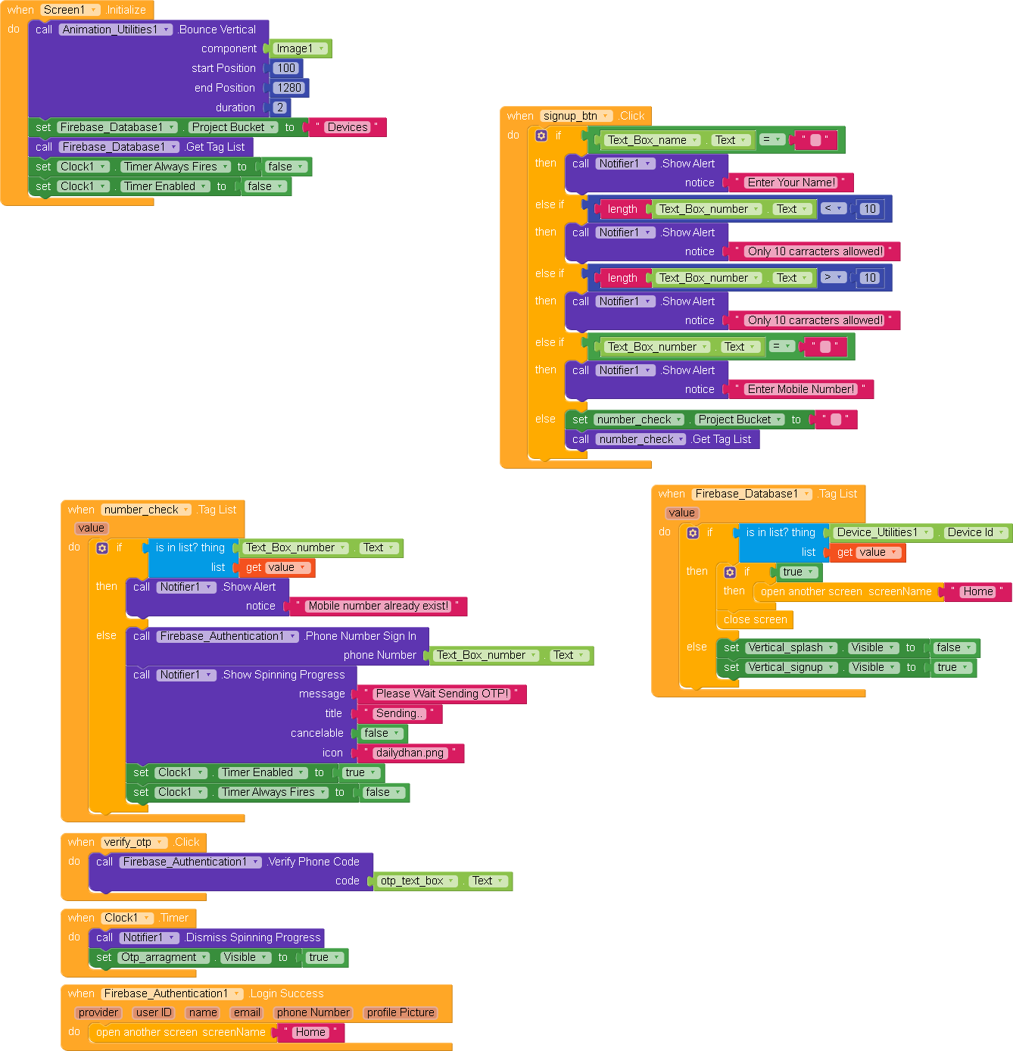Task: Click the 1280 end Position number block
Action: [289, 88]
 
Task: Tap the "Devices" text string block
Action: [348, 127]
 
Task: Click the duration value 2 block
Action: [279, 108]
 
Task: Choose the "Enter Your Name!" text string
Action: [791, 182]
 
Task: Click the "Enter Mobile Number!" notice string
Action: [801, 389]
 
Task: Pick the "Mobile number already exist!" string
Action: [378, 606]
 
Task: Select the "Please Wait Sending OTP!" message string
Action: [441, 694]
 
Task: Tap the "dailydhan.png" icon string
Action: [410, 753]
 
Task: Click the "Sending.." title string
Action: [399, 713]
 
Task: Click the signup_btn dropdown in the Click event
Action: [576, 116]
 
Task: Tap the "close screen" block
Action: [755, 619]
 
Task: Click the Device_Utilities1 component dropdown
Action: [883, 532]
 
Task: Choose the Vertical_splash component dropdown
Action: [791, 647]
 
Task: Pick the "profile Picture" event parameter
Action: [401, 1012]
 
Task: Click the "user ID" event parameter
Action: [154, 1012]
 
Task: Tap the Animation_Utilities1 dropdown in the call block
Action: [116, 30]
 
